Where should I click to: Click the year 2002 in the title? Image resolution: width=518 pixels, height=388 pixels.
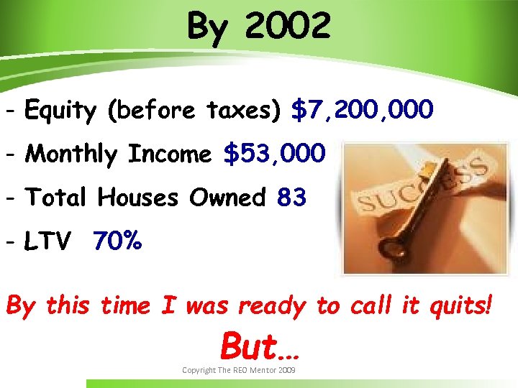pyautogui.click(x=288, y=27)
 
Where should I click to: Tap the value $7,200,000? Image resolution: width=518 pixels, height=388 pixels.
pyautogui.click(x=362, y=111)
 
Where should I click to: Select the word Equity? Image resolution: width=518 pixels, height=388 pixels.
pyautogui.click(x=60, y=111)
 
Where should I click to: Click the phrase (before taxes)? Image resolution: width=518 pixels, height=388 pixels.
pyautogui.click(x=194, y=111)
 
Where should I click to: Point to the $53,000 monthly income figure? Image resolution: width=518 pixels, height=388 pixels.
pyautogui.click(x=274, y=154)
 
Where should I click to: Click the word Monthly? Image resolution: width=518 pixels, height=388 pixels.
pyautogui.click(x=73, y=154)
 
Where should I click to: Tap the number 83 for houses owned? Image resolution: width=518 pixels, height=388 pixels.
pyautogui.click(x=291, y=197)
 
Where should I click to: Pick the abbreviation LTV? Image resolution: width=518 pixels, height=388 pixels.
pyautogui.click(x=47, y=243)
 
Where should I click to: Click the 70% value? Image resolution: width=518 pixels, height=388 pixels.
pyautogui.click(x=117, y=243)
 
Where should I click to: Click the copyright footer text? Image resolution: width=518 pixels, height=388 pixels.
pyautogui.click(x=238, y=369)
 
